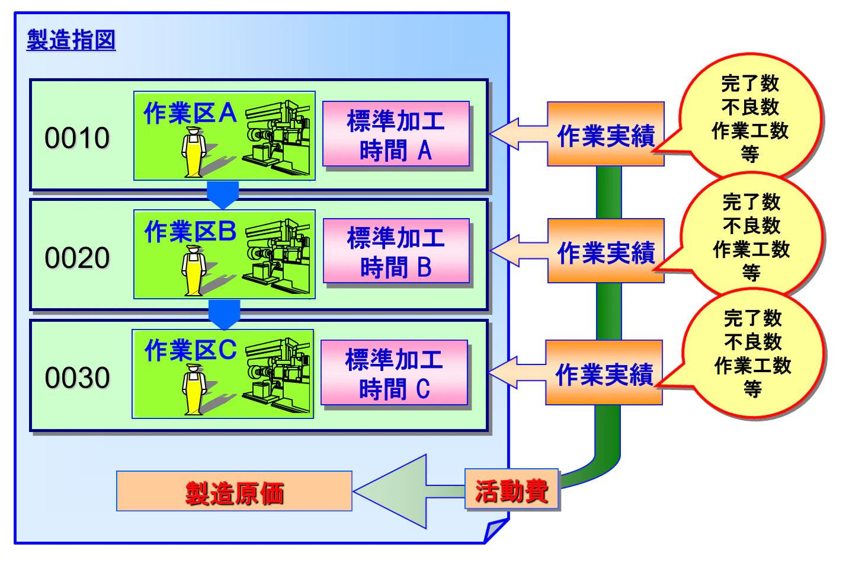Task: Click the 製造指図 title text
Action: tap(71, 40)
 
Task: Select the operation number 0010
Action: tap(77, 138)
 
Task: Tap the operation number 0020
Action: tap(77, 258)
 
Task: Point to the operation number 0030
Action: tap(77, 378)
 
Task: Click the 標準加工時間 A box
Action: tap(396, 135)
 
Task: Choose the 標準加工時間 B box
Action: tap(396, 251)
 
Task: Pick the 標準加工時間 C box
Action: tap(394, 373)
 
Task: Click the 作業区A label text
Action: tap(190, 113)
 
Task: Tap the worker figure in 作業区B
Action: tap(194, 271)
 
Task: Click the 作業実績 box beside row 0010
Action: tap(605, 135)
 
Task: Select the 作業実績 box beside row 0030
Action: tap(604, 373)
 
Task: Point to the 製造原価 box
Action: tap(234, 492)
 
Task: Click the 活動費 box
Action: tap(512, 490)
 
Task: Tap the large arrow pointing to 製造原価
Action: tap(403, 491)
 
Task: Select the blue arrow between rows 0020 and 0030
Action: tap(224, 315)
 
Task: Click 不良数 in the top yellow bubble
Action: tap(750, 107)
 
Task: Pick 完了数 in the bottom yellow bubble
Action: tap(752, 318)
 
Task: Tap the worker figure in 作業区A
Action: tap(194, 153)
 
